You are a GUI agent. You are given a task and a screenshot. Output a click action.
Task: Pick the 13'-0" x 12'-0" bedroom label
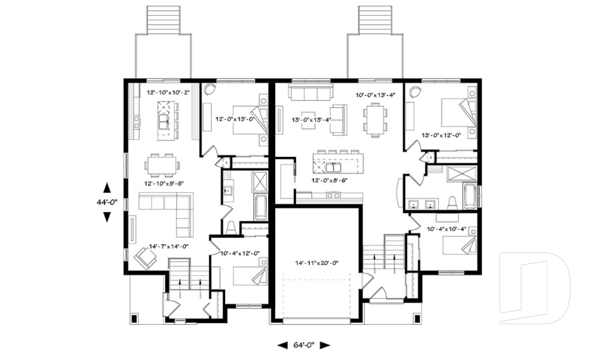(x=441, y=135)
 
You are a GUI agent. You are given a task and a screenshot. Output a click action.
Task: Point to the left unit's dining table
(x=162, y=166)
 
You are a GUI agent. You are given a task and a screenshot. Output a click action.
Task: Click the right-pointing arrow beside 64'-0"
(x=324, y=345)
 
